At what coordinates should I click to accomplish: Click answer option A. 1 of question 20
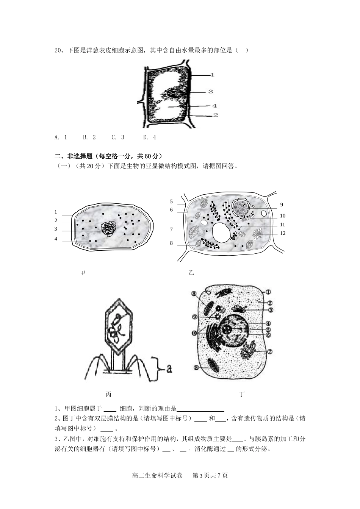point(61,137)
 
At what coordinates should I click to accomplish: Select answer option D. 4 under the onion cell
point(149,137)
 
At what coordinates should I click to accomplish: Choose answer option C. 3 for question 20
point(117,137)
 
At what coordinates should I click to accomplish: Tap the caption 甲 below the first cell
point(83,273)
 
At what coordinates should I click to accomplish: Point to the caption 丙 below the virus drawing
point(108,395)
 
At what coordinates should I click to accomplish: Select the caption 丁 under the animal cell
point(242,395)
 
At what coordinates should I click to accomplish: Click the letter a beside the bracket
point(169,368)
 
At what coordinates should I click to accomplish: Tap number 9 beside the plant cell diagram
point(282,205)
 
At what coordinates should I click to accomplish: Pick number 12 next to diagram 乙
point(283,233)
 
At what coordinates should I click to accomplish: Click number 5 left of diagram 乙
point(171,202)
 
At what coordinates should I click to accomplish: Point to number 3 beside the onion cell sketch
point(211,91)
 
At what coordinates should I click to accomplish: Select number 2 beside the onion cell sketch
point(216,115)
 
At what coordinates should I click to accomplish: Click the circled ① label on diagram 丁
point(268,292)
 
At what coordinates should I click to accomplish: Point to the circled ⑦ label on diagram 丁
point(270,351)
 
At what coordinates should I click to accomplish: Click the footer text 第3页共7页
point(210,476)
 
